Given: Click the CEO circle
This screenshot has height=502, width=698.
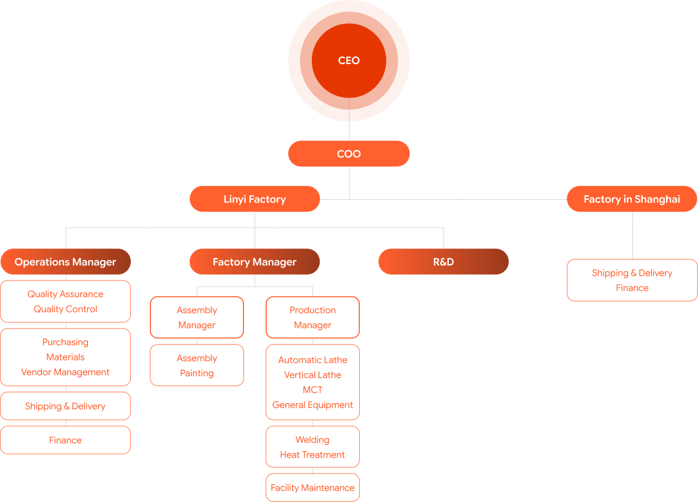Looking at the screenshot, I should tap(349, 60).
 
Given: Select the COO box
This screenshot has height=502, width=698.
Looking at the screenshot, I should tap(349, 154).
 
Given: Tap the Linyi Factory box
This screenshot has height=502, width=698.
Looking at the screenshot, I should tap(255, 199).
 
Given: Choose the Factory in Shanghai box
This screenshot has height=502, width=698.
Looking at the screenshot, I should tap(632, 199).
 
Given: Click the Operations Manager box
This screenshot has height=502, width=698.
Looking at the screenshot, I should tap(66, 262).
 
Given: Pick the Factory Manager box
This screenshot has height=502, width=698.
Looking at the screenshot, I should tap(255, 262).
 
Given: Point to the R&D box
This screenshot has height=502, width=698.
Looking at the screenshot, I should tap(444, 262).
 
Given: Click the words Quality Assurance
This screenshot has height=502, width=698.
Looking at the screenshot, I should tap(66, 294).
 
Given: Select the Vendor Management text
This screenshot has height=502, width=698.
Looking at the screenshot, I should tap(66, 372).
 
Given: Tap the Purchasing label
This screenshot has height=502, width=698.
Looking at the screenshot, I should tap(66, 342).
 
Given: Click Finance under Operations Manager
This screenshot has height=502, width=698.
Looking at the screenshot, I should tap(66, 440).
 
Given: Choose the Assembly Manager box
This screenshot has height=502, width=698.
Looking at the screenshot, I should tap(197, 317).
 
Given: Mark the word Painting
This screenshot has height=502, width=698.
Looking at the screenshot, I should tap(197, 373).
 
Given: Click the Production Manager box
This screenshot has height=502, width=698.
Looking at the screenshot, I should tap(313, 317).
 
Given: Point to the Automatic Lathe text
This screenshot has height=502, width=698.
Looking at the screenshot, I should tap(313, 360).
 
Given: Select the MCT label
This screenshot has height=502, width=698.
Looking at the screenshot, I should tap(313, 390).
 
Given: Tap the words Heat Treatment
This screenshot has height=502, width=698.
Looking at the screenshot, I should tap(312, 454).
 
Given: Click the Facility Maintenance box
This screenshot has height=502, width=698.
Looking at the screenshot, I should tap(313, 488).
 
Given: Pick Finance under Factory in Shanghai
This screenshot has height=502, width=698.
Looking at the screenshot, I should tap(632, 288).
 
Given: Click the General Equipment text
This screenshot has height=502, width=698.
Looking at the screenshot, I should tap(313, 405).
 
